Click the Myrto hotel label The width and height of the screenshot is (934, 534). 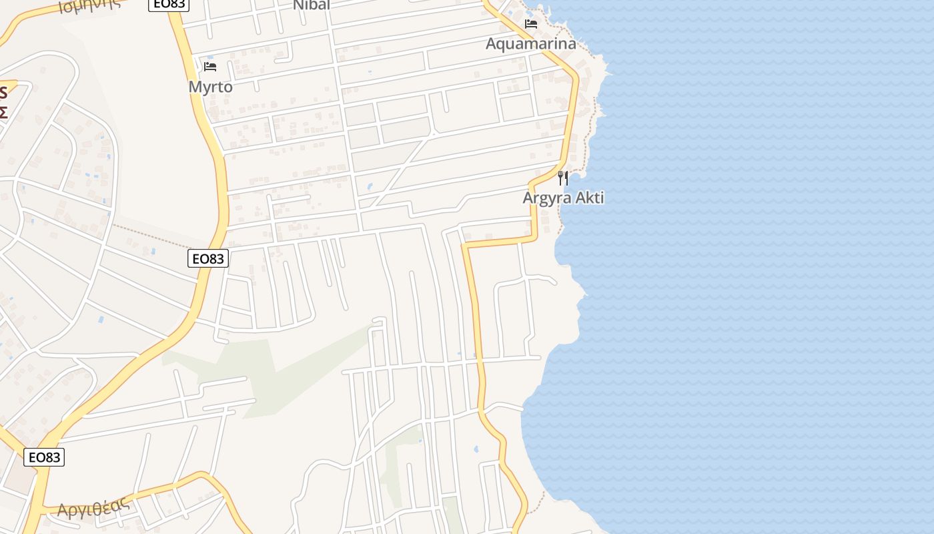210,87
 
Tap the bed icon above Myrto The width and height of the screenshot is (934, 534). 210,66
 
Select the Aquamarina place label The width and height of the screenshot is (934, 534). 530,44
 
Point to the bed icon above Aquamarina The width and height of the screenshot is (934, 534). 531,24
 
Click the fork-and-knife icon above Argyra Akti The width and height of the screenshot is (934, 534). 563,178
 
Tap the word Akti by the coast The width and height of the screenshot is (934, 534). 588,198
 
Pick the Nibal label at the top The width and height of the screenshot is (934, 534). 312,5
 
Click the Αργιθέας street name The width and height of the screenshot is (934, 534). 93,508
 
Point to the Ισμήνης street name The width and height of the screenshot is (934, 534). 89,5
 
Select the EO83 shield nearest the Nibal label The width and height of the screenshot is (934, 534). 169,4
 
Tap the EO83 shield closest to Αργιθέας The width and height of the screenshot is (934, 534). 44,457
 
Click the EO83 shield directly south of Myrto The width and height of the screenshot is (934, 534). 208,258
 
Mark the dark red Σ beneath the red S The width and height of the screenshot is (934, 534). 3,111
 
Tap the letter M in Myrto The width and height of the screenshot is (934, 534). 195,87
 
